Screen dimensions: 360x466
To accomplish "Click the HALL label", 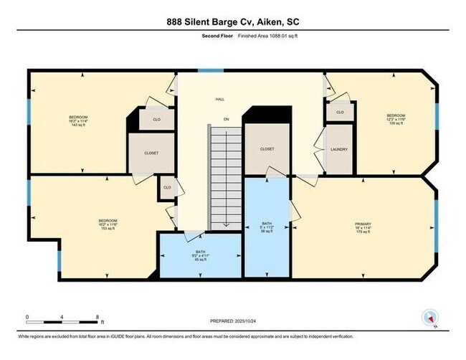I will coord(219,100).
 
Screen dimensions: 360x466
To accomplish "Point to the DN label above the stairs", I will coord(226,119).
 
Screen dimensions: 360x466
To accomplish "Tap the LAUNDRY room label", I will coord(339,149).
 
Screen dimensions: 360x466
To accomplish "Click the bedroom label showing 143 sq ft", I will coord(78,120).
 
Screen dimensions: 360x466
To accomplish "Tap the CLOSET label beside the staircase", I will coord(267,149).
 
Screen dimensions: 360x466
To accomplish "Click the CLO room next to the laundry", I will coord(340,113).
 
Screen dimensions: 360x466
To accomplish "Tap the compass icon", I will coord(431,316).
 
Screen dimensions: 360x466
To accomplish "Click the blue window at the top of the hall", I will coord(209,70).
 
